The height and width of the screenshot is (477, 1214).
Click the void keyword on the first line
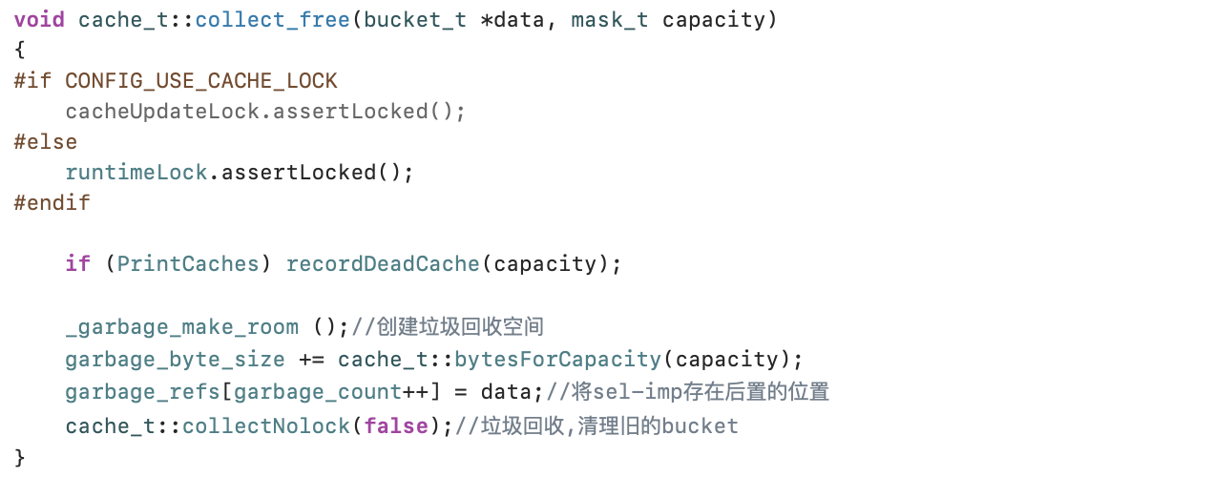pos(39,20)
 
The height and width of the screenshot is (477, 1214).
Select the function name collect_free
pos(273,20)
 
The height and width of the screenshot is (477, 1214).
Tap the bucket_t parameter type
pos(415,20)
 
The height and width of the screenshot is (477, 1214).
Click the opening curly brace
pos(20,51)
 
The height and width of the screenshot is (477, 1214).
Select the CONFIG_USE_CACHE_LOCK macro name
pos(201,81)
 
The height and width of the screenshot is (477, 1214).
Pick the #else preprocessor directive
pos(46,142)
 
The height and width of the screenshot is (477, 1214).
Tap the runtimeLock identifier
pos(136,173)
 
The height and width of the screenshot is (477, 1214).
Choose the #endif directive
pos(52,203)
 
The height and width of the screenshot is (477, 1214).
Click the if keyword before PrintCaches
pos(78,264)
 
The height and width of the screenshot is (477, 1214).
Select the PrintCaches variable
pos(188,264)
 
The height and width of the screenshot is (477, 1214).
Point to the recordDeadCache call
pos(383,264)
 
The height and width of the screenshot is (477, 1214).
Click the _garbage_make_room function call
pos(181,327)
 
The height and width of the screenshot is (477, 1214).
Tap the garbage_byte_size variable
pos(176,360)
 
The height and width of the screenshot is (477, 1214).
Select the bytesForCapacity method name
pos(558,360)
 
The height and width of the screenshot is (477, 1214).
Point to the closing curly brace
pos(20,457)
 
